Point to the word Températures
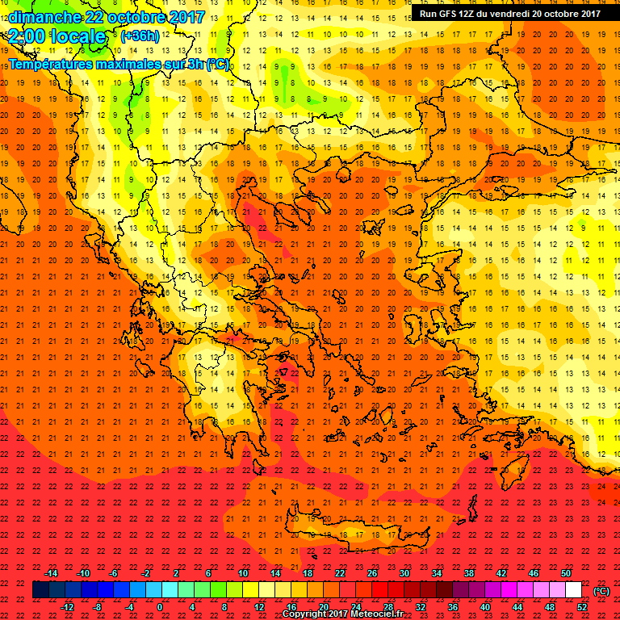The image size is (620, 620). point(49,64)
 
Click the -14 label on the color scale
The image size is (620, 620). point(52,573)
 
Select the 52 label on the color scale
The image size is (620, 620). point(582,607)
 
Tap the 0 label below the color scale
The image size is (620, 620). point(159,607)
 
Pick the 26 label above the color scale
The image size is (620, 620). point(372,573)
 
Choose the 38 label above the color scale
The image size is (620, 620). point(469,573)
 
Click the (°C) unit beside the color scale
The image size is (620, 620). point(602,591)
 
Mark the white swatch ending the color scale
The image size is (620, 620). point(573,590)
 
